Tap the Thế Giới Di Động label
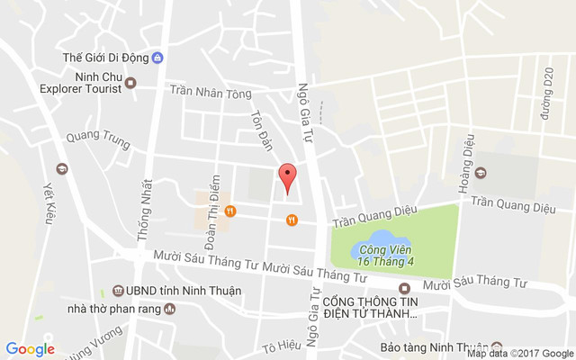point(104,58)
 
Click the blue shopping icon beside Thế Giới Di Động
point(158,58)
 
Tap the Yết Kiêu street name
point(49,202)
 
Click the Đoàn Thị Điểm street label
point(211,211)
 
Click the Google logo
point(30,349)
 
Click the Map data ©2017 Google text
point(520,354)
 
